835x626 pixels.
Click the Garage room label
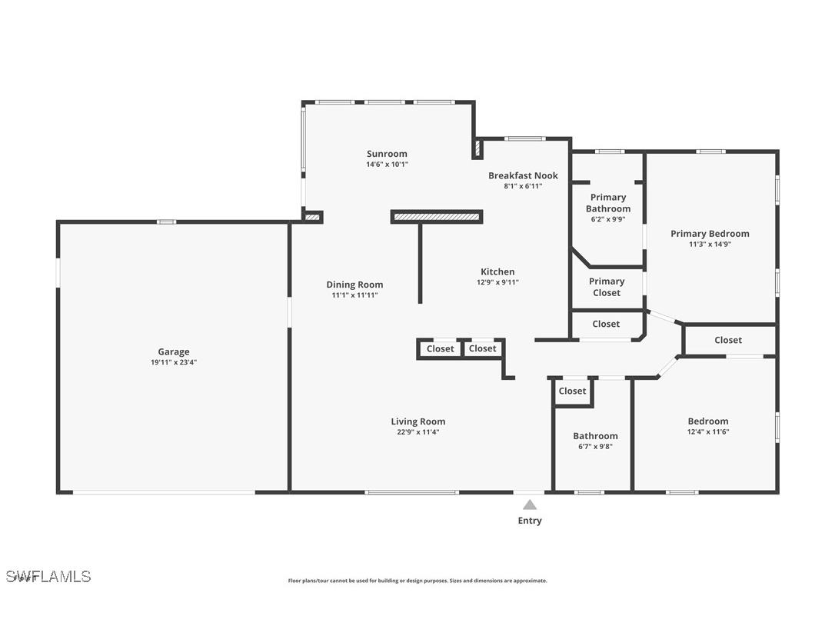[174, 352]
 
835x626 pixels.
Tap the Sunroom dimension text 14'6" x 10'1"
[387, 164]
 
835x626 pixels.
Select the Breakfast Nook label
[523, 175]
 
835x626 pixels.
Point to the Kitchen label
[497, 271]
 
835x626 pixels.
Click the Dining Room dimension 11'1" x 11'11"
[354, 295]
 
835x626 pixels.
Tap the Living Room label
[417, 421]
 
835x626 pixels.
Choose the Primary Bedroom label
[710, 234]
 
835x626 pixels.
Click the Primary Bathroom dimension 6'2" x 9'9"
[607, 219]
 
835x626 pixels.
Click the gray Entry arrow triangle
[530, 504]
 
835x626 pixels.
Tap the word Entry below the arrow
[530, 521]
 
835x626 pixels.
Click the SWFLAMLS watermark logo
[48, 576]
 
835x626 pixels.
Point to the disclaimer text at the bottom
[417, 581]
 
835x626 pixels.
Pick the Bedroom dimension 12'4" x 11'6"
[708, 431]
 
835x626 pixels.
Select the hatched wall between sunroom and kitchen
[437, 218]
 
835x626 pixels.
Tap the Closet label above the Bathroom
[572, 391]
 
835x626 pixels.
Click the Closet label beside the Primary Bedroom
[728, 340]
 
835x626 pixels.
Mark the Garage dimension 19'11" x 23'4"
[174, 362]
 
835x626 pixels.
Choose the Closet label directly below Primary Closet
[606, 324]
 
